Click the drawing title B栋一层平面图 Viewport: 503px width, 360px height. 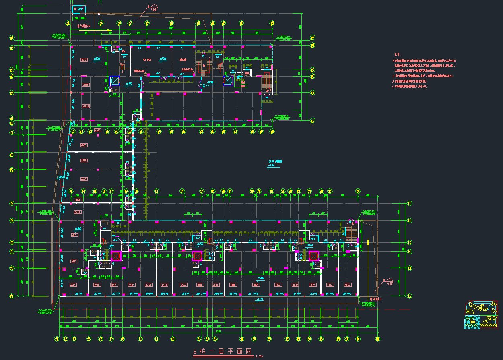223,352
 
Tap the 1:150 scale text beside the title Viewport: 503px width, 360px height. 259,356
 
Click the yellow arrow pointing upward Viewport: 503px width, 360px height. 368,244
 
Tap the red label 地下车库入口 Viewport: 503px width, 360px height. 86,25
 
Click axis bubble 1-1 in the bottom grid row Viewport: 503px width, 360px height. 57,339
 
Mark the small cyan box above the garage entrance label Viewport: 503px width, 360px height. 79,9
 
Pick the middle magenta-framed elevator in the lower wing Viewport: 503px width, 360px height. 197,256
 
